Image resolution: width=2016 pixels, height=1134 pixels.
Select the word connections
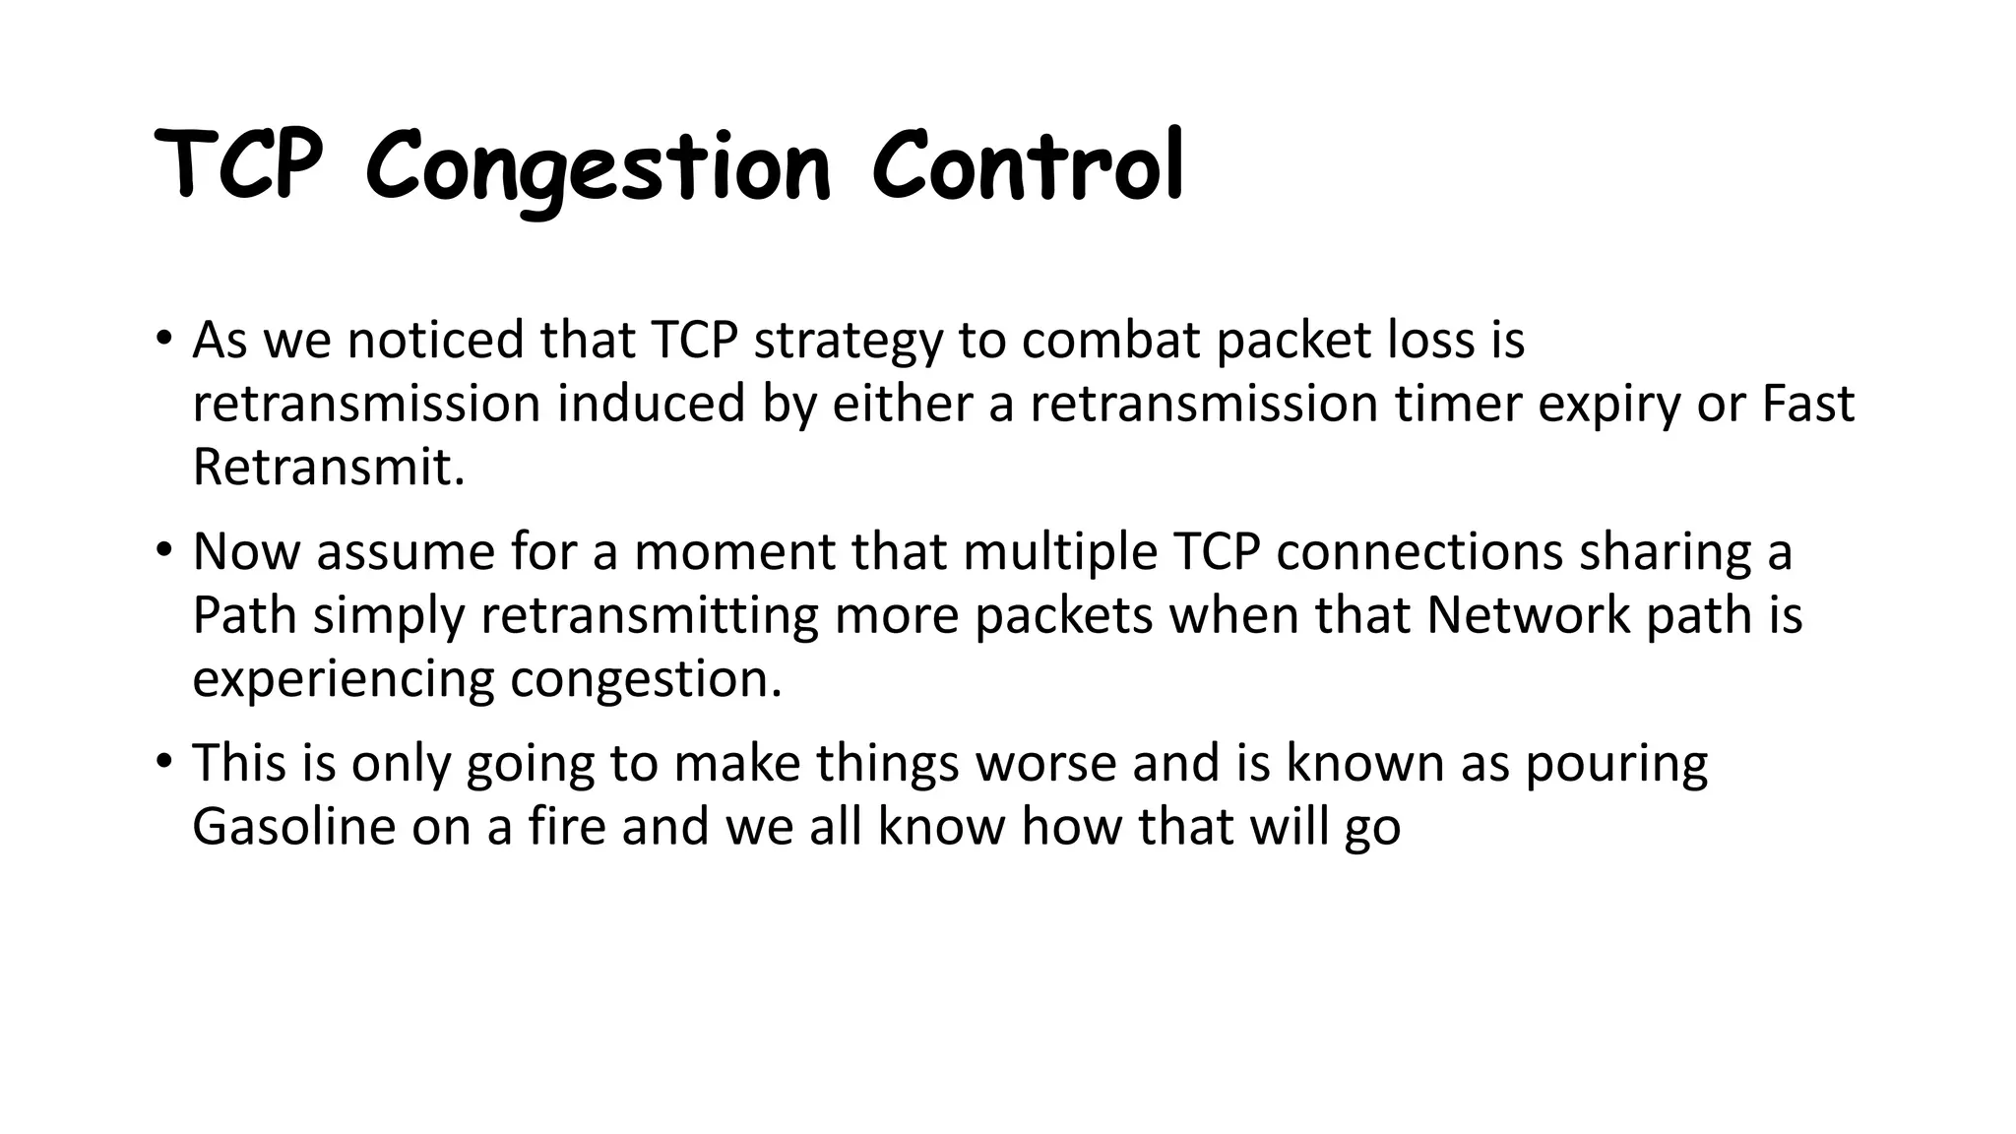[1419, 551]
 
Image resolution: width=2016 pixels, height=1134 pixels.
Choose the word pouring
[1616, 764]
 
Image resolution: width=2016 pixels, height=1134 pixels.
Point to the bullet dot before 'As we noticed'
[163, 341]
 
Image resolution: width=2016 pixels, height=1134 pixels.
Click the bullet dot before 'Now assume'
[163, 551]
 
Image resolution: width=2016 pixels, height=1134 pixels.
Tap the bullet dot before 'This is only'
[163, 762]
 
